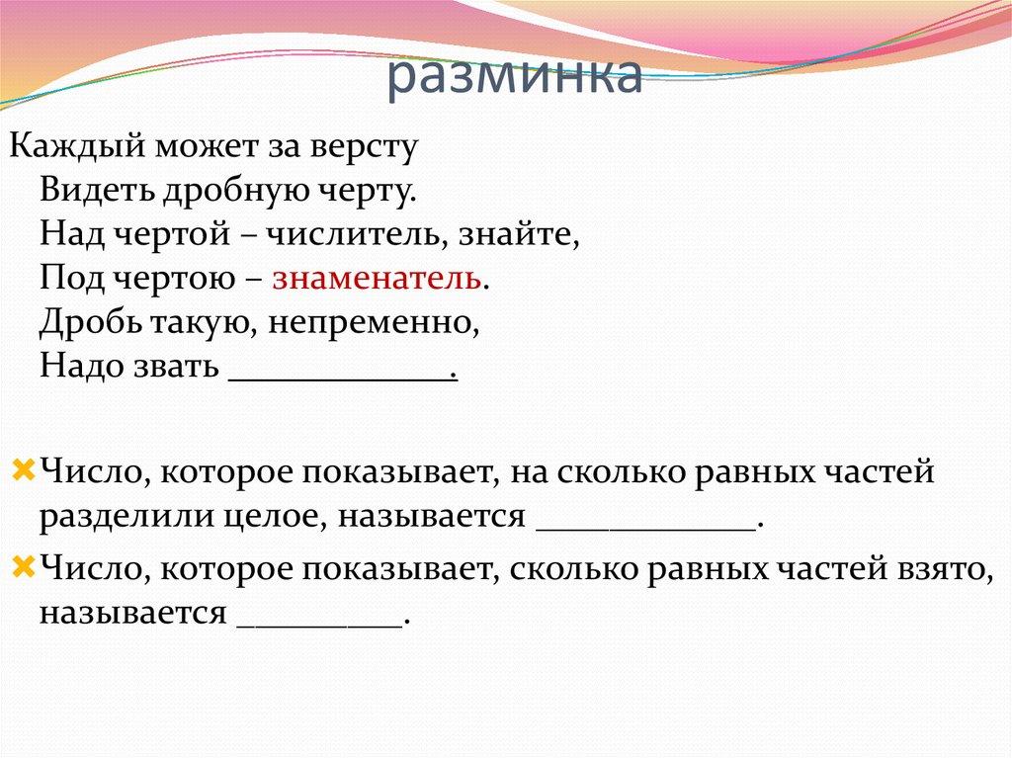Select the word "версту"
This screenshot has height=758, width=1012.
click(x=367, y=147)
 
